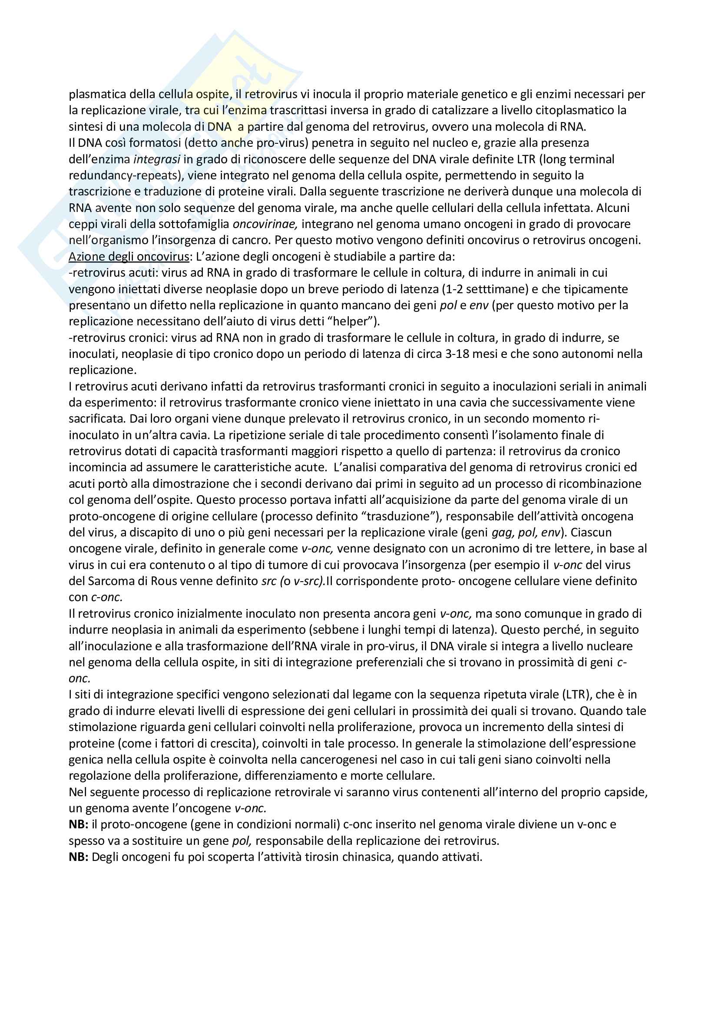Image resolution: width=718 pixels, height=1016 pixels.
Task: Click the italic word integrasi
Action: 157,159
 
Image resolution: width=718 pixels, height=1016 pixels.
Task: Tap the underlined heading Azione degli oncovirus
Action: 129,257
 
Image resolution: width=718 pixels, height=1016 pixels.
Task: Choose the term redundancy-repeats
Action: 122,175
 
